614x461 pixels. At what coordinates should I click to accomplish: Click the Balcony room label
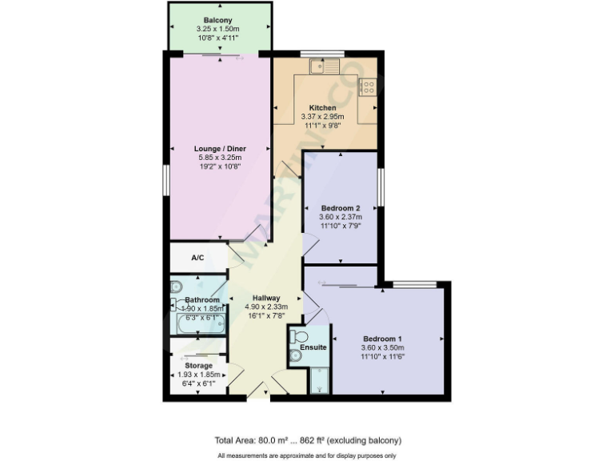point(217,19)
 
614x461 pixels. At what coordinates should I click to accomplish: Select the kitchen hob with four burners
point(368,86)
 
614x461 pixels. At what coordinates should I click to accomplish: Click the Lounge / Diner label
point(220,149)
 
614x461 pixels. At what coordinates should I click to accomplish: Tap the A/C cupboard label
point(197,258)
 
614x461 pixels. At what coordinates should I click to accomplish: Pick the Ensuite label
point(313,347)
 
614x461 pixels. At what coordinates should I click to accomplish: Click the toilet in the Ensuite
point(300,336)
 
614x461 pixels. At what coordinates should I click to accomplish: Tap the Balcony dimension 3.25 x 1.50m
point(217,28)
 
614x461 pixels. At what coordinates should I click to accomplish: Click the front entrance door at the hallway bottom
point(257,390)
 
